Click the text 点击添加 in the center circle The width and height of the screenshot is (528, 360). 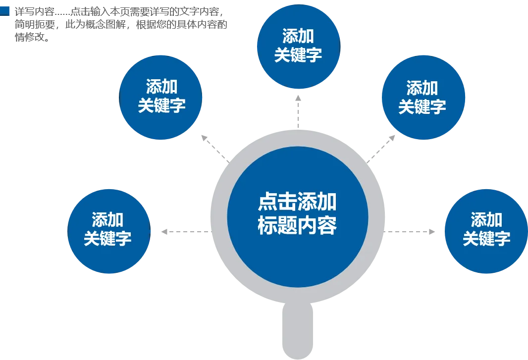coord(297,202)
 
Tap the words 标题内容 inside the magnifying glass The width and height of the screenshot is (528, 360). coord(297,226)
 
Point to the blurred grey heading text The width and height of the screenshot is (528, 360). coord(119,23)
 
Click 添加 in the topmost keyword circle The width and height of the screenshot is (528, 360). coord(298,36)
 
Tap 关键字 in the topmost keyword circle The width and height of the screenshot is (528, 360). coord(298,55)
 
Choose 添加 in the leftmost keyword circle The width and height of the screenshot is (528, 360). coord(107,220)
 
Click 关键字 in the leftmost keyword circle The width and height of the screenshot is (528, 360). coord(107,239)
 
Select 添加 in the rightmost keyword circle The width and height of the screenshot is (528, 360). coord(486,220)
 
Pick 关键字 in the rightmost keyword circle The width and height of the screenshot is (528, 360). coord(486,239)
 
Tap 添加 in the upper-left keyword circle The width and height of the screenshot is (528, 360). coord(161,87)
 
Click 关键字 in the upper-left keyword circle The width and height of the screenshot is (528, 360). coord(161,106)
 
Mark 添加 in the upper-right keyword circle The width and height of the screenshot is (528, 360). coord(422,88)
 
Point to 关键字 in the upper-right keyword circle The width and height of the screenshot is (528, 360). coord(422,107)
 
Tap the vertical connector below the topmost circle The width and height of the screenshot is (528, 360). coord(298,111)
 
